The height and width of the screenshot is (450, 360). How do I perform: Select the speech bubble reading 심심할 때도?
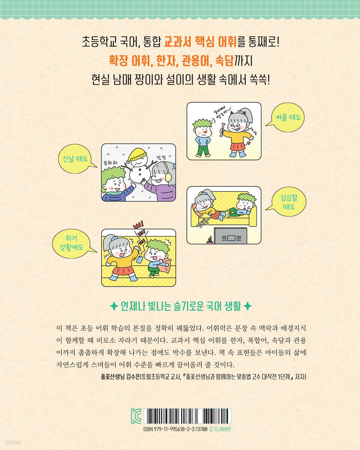[287, 202]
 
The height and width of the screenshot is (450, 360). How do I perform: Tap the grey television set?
[230, 236]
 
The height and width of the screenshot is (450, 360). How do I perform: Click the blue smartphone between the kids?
[140, 259]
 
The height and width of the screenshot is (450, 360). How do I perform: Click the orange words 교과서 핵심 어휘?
[200, 42]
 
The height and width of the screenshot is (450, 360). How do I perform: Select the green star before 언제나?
[114, 306]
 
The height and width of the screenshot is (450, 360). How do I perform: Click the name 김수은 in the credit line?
[133, 377]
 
